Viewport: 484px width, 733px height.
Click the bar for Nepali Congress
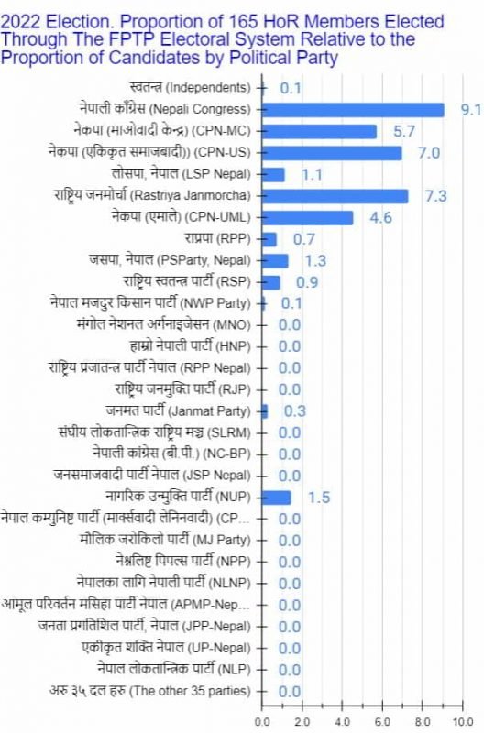353,110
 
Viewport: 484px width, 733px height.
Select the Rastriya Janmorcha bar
335,196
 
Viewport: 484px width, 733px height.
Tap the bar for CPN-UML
308,217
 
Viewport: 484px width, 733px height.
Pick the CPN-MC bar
319,131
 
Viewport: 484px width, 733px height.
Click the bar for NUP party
277,497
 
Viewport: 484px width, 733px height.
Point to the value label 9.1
471,110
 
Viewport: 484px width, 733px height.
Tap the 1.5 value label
319,498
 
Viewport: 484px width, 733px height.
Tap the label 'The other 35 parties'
148,690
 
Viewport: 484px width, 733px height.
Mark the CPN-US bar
332,153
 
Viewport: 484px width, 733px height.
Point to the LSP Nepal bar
274,174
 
